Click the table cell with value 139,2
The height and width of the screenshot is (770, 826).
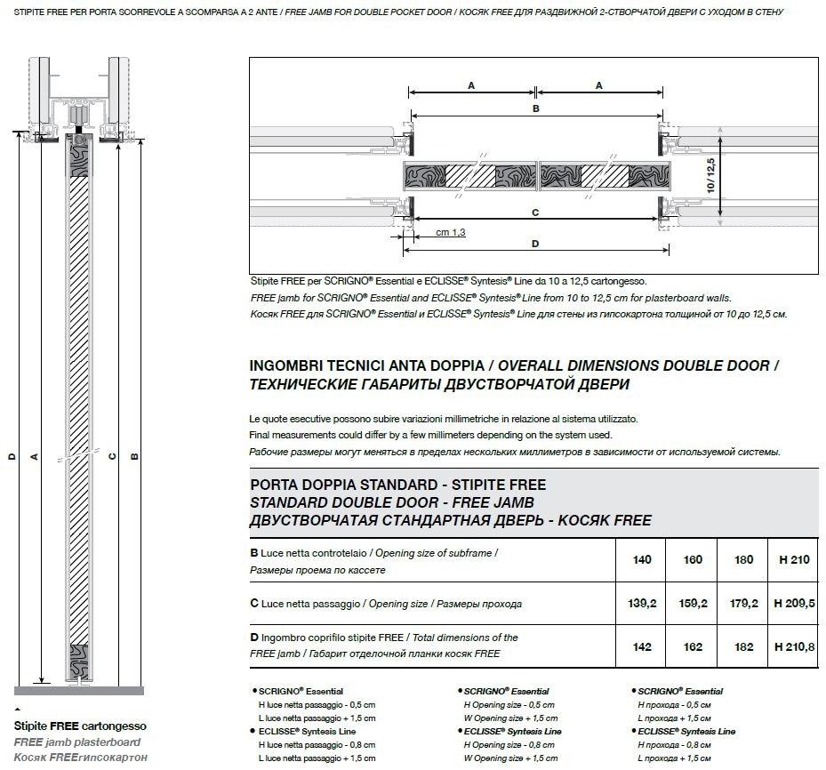pos(641,603)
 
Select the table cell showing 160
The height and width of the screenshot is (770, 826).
pos(692,559)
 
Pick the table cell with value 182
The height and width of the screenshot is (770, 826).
pos(743,647)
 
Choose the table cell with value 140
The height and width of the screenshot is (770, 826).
pos(641,559)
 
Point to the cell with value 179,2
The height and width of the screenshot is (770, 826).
pos(743,603)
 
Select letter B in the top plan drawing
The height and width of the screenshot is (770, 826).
pos(535,108)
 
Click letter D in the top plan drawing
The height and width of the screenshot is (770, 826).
pos(535,243)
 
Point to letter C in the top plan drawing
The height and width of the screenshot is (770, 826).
pos(535,213)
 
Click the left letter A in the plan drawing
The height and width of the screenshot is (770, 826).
pos(470,85)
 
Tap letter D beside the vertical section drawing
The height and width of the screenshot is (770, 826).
pos(12,457)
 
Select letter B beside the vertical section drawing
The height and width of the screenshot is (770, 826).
pos(135,457)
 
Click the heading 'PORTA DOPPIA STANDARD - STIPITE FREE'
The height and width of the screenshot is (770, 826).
pos(398,485)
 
